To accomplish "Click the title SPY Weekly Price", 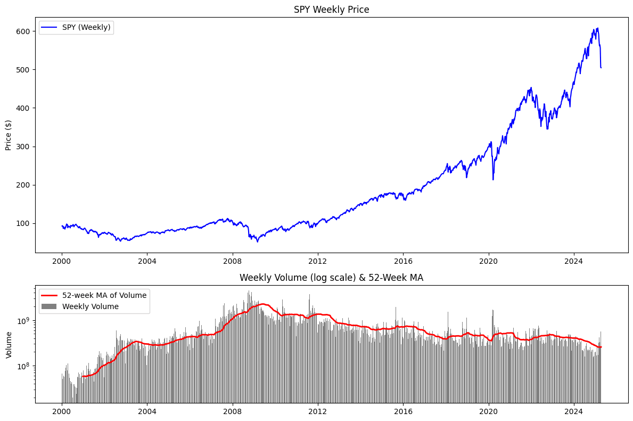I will click(x=331, y=10).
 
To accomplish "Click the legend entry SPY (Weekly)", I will click(x=86, y=28).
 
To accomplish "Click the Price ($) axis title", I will click(x=9, y=135).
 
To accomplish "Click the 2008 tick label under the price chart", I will click(x=232, y=262).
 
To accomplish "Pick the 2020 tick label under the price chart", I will click(x=488, y=262).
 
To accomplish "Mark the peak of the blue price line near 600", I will click(x=597, y=28).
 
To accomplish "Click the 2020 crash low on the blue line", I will click(x=493, y=180).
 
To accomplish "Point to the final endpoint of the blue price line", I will click(x=601, y=68).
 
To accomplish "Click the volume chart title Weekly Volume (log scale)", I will click(x=331, y=278).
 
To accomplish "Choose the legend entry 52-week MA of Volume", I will click(x=104, y=295).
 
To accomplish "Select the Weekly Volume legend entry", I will click(x=90, y=306).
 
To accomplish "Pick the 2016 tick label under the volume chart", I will click(x=403, y=412).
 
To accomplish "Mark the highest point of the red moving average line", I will click(x=262, y=304).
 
